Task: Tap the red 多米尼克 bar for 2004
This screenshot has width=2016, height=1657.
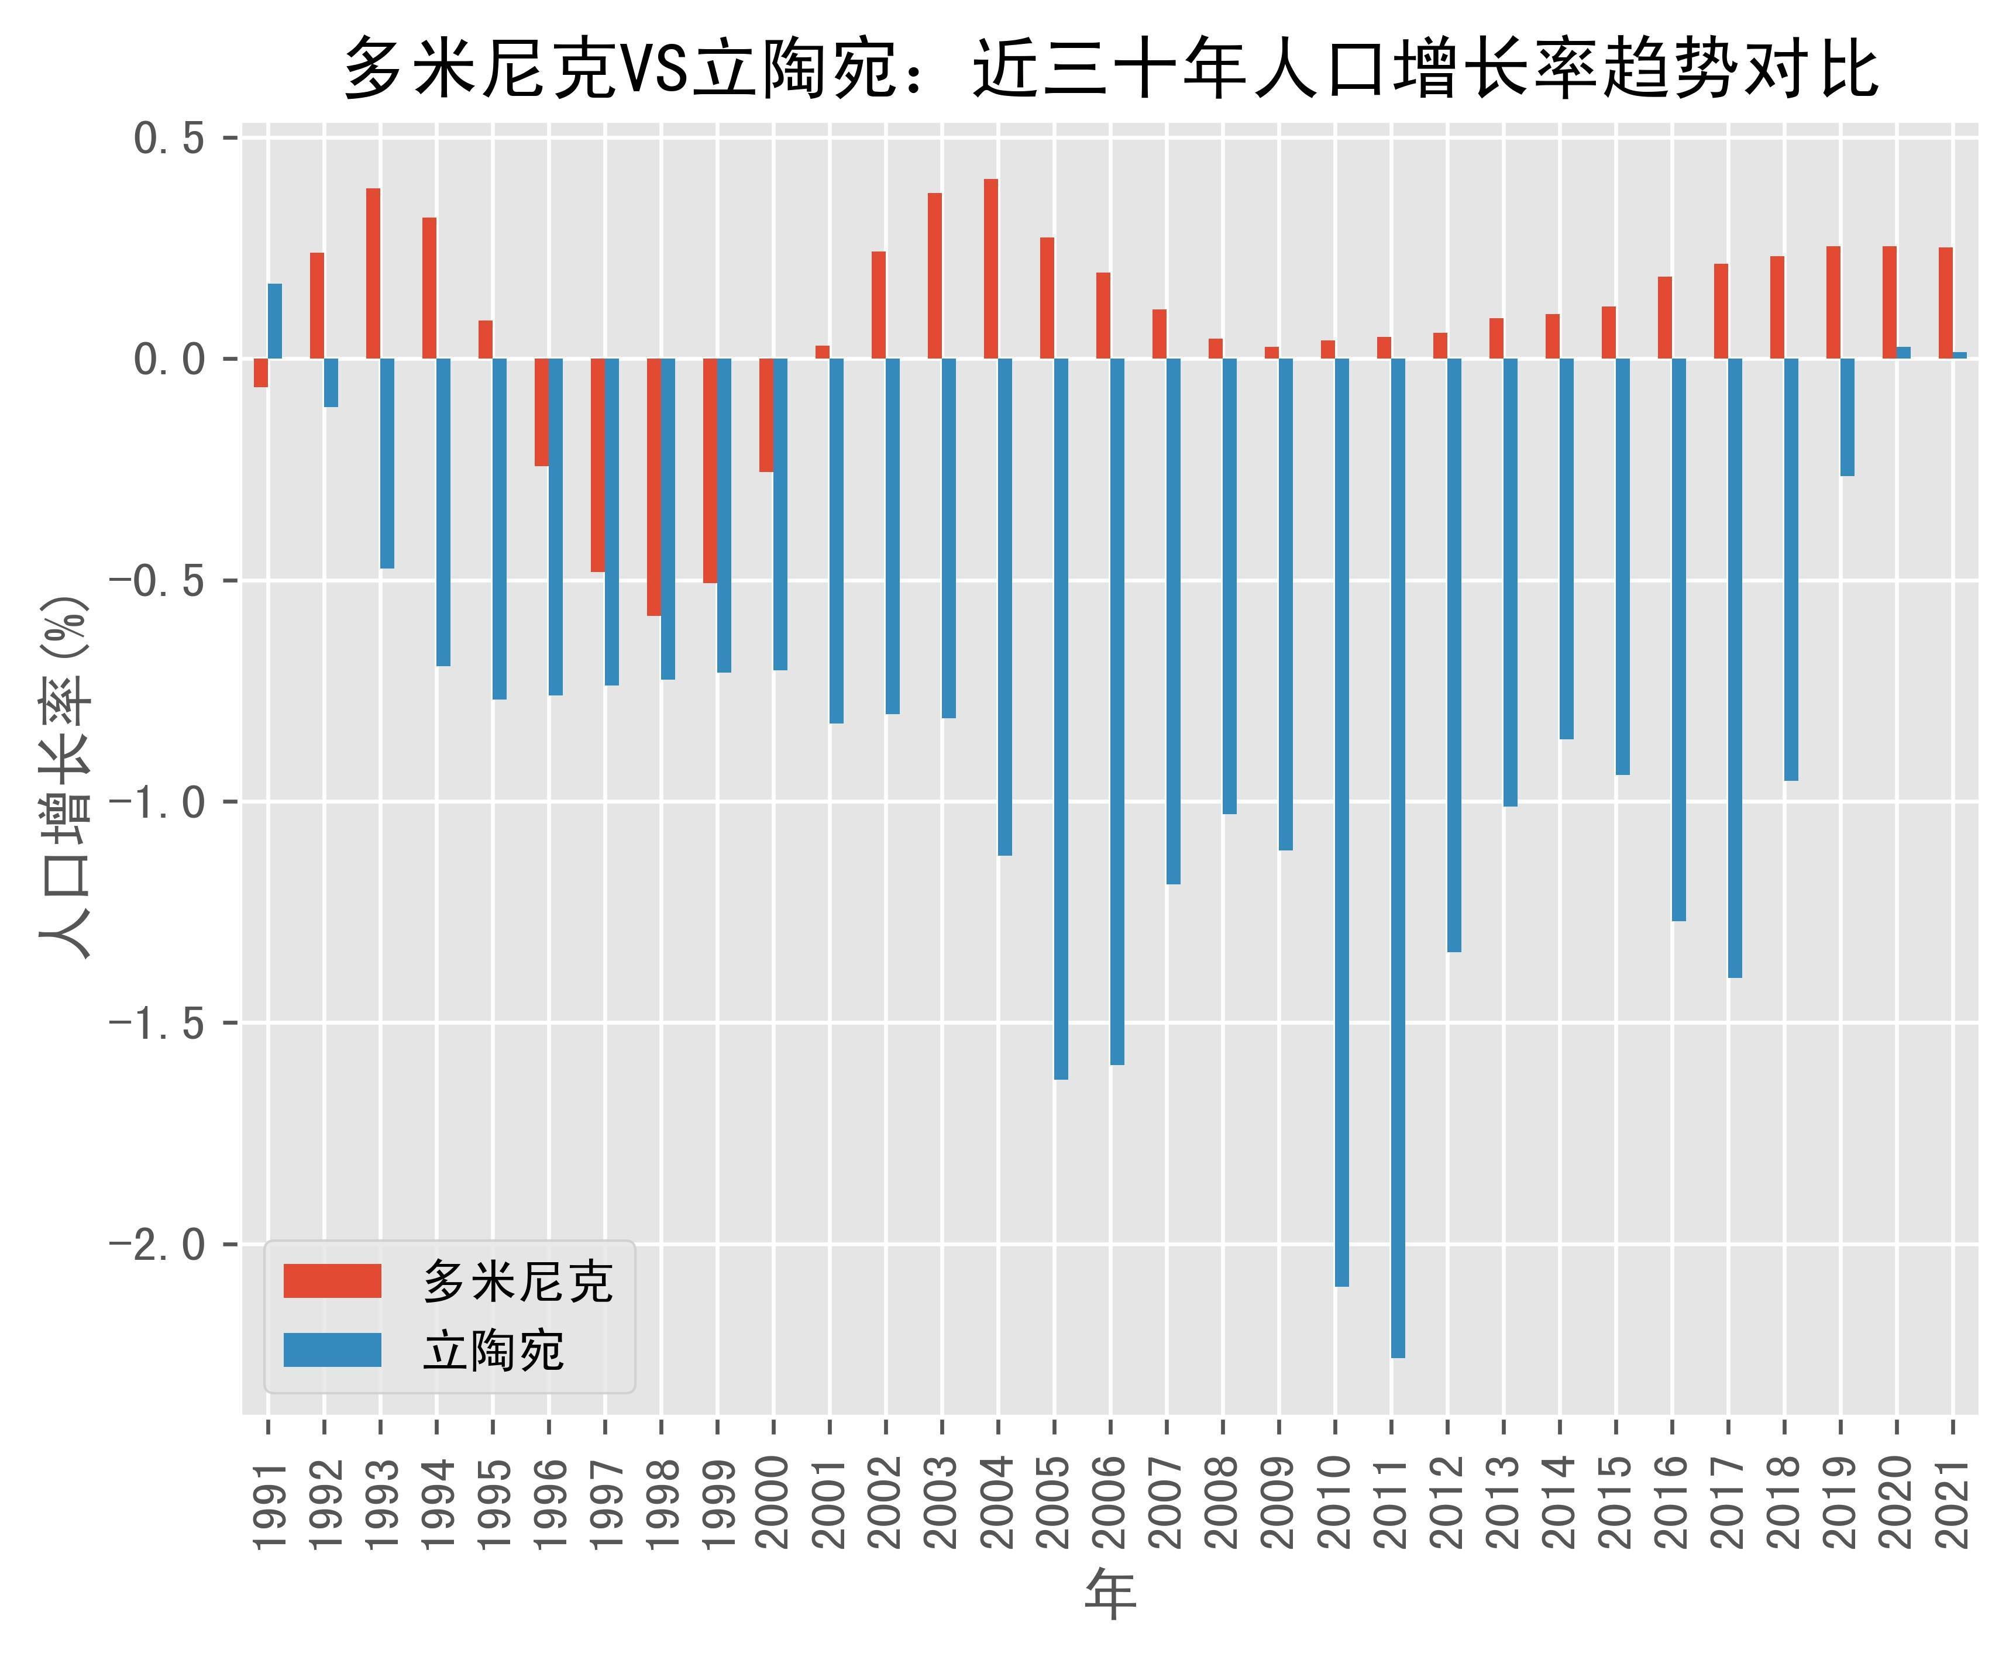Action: coord(991,269)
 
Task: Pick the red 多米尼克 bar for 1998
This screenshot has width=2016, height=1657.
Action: coord(654,487)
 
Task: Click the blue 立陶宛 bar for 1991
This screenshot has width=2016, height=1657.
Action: coord(275,321)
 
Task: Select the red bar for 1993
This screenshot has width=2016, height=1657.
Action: coord(373,274)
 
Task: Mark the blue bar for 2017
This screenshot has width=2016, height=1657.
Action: coord(1735,667)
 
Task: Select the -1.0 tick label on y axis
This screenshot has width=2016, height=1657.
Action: coord(157,802)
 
